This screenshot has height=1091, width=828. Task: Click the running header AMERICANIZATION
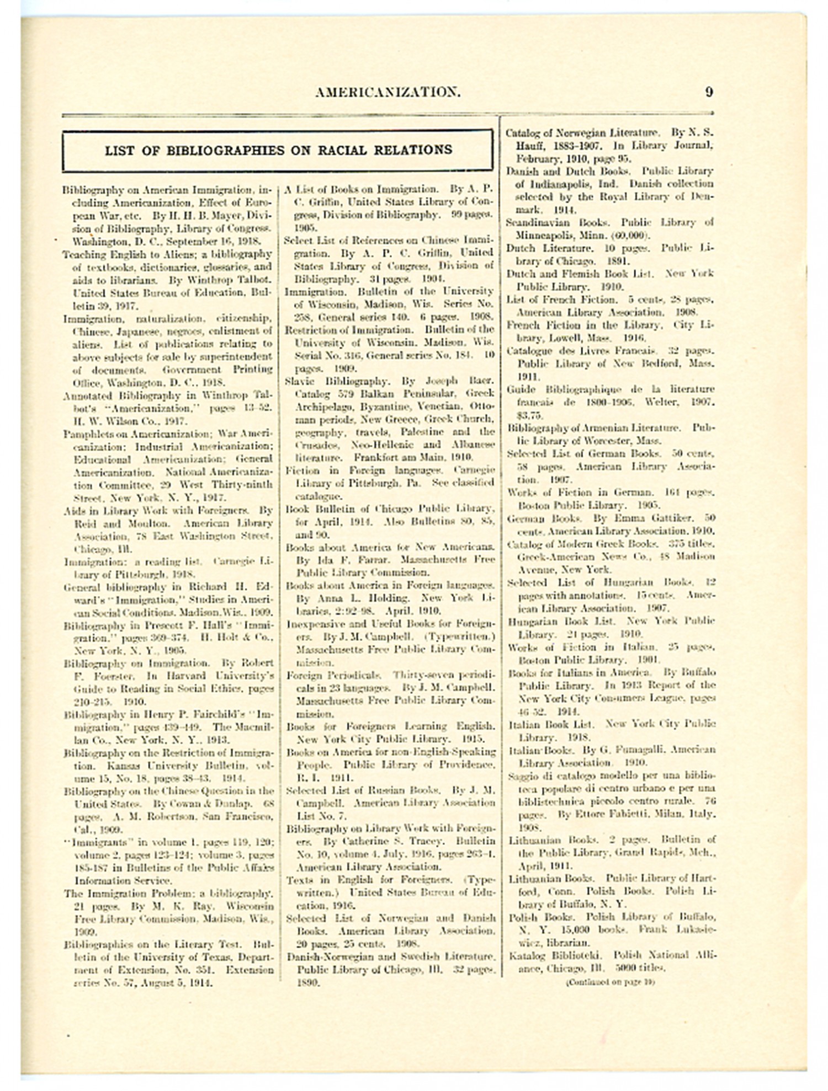(x=388, y=92)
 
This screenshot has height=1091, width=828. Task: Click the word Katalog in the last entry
(x=526, y=955)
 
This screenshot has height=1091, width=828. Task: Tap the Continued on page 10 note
(x=611, y=982)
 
